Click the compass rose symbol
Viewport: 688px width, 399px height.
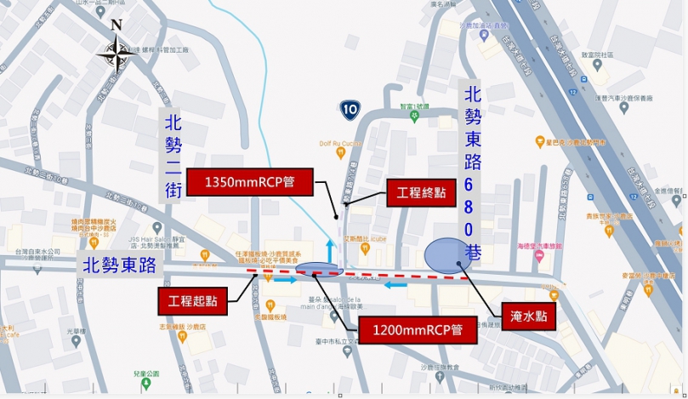click(113, 54)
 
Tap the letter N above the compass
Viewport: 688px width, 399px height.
click(117, 24)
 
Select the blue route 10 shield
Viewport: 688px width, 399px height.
click(350, 108)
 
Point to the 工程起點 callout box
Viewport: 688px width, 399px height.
click(192, 300)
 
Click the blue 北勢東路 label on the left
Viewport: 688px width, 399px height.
click(119, 265)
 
